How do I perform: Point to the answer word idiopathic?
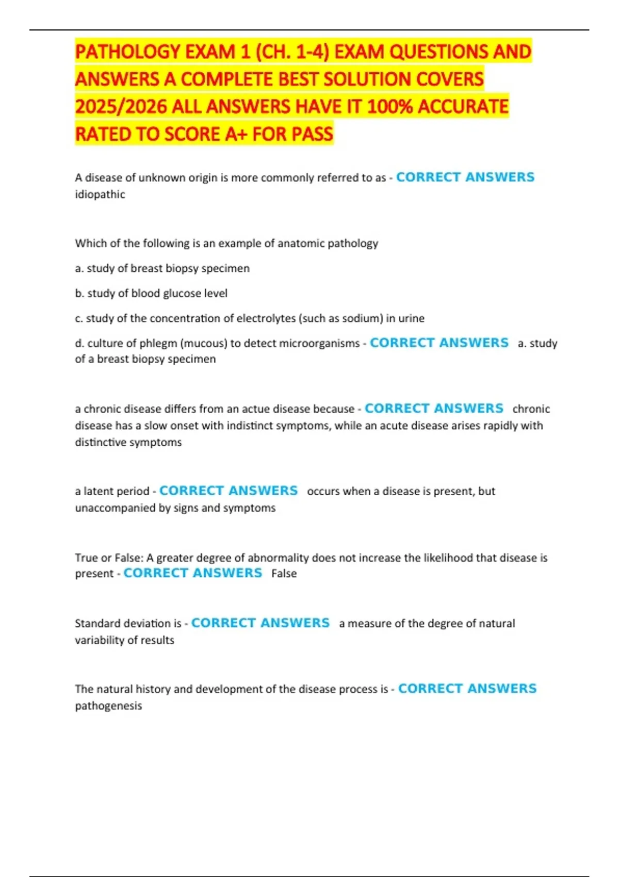100,194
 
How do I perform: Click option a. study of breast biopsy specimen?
162,268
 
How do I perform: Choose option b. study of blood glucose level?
151,294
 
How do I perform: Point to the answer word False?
284,574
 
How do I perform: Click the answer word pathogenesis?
108,706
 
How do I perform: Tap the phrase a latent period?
112,491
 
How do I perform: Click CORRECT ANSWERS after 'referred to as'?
465,177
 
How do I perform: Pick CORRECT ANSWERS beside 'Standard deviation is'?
260,623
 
